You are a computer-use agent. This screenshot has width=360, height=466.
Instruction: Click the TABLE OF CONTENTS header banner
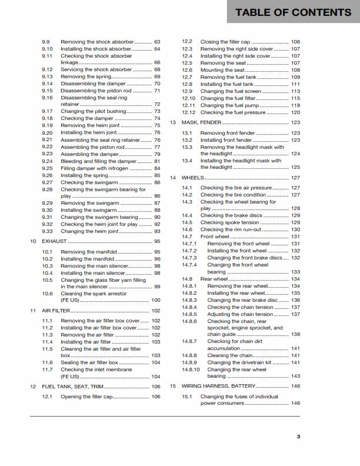[x=293, y=12]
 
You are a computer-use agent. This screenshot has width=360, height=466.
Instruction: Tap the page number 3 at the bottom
[x=298, y=436]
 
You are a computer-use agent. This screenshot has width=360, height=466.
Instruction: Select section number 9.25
[x=48, y=168]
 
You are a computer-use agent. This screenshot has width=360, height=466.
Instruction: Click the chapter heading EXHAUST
[x=55, y=241]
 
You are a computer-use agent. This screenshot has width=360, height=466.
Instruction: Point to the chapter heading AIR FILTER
[x=56, y=310]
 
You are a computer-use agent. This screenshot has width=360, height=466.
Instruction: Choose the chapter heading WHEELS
[x=192, y=177]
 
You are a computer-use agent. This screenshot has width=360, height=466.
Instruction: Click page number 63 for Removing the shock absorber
[x=157, y=42]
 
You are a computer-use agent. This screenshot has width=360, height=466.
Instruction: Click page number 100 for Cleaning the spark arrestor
[x=156, y=300]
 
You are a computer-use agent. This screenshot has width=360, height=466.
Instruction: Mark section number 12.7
[x=187, y=77]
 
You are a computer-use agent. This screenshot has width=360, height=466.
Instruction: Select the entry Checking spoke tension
[x=229, y=222]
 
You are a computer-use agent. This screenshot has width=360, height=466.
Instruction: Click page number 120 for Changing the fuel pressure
[x=295, y=112]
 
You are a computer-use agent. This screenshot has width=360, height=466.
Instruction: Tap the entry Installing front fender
[x=226, y=140]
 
